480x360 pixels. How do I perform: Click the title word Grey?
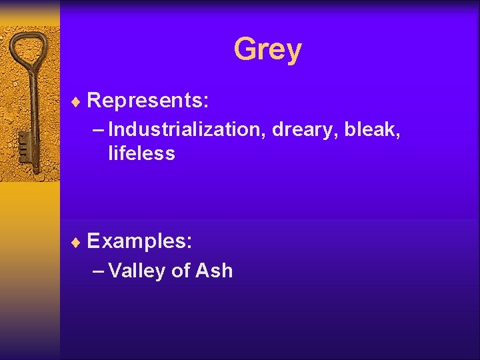[267, 49]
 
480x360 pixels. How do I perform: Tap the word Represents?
[148, 101]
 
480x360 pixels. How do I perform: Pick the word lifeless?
[141, 154]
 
